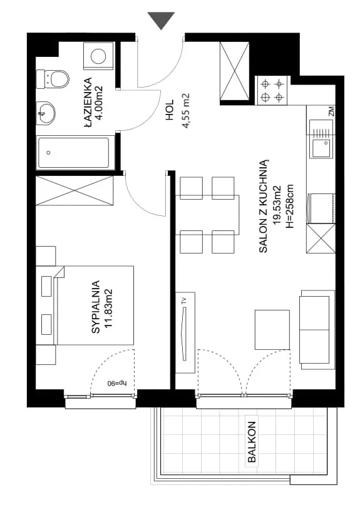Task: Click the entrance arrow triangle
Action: click(x=161, y=20)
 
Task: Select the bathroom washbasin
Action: click(x=46, y=113)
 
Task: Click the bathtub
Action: click(x=73, y=153)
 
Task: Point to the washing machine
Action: click(x=98, y=56)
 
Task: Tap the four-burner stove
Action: click(x=272, y=90)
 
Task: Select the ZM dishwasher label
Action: click(x=331, y=111)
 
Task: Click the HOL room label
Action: click(x=170, y=112)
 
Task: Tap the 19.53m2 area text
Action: click(x=277, y=205)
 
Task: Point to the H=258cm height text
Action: click(x=290, y=207)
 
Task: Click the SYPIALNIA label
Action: click(x=96, y=307)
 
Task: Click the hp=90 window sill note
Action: click(x=117, y=384)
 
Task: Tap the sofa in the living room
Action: click(x=317, y=330)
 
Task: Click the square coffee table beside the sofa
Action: click(x=272, y=330)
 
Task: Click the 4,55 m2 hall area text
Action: click(x=187, y=110)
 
